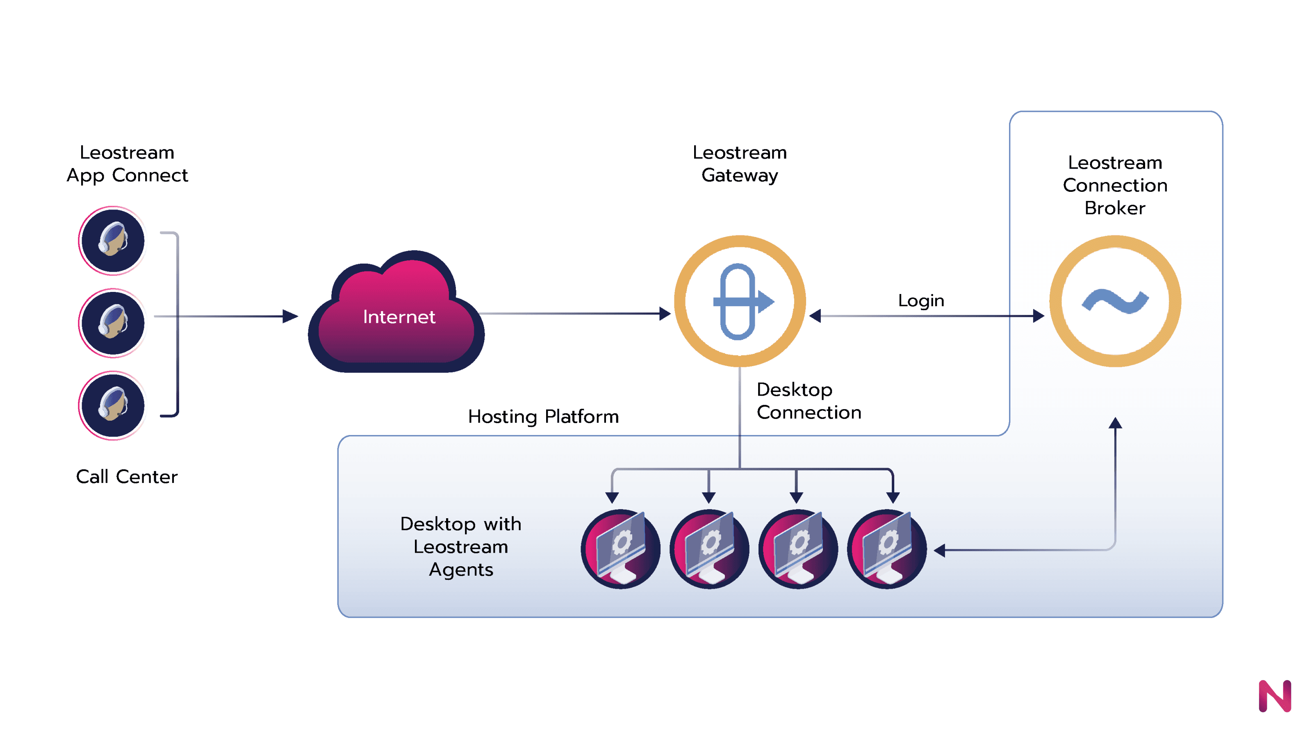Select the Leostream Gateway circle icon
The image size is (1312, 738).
(x=740, y=301)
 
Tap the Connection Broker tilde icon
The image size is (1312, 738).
(x=1115, y=301)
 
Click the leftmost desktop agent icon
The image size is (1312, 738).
(x=620, y=549)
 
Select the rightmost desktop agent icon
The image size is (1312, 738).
(x=887, y=549)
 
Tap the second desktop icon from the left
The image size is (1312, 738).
(x=709, y=549)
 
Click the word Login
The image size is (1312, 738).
(x=921, y=301)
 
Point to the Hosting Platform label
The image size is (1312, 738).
(x=543, y=417)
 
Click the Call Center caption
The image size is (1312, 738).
(x=127, y=477)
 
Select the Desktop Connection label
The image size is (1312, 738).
(x=809, y=401)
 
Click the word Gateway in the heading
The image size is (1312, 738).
(x=740, y=176)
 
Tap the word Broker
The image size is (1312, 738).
(x=1115, y=208)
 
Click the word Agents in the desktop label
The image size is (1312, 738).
(x=461, y=569)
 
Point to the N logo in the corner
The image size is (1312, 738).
(x=1275, y=696)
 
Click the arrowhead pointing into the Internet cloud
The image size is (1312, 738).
(x=290, y=316)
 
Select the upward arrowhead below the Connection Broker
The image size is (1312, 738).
(x=1115, y=423)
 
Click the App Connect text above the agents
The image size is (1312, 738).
(x=128, y=176)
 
